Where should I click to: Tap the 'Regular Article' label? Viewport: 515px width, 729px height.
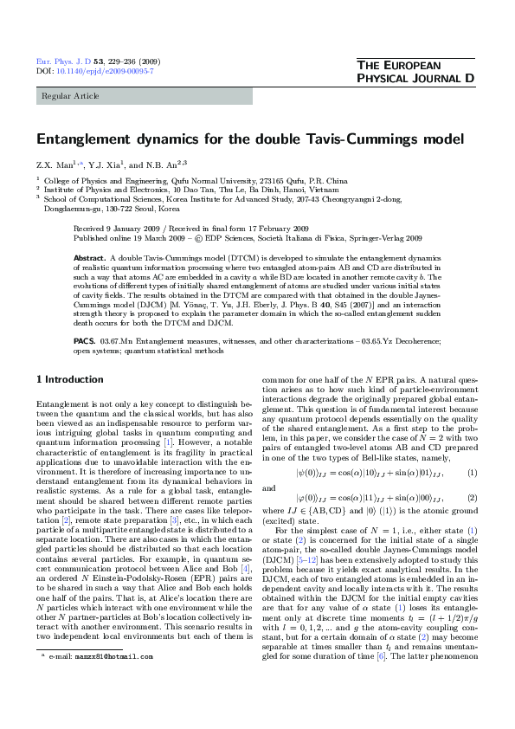tap(66, 96)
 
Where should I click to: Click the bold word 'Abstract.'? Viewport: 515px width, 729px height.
tap(90, 258)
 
